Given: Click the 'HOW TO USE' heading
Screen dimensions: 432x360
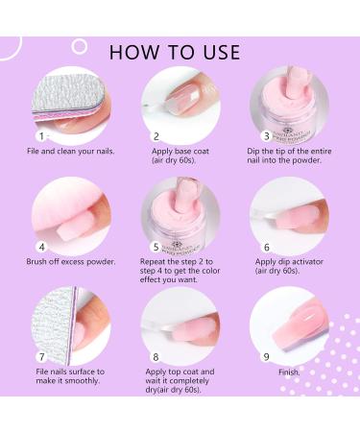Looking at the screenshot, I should [180, 50].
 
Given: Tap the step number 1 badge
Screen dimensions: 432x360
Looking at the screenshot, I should [40, 136].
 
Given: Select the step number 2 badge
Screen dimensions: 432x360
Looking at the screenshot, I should [156, 136].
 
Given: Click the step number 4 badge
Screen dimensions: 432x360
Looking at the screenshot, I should [40, 246].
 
